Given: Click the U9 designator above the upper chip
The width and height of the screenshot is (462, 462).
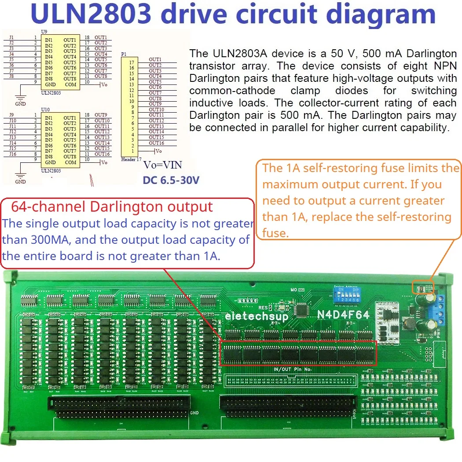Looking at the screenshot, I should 44,32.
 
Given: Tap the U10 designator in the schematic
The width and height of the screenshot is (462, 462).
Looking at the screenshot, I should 44,109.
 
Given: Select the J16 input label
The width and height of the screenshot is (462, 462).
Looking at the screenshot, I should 13,154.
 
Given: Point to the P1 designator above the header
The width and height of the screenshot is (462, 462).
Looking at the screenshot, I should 124,54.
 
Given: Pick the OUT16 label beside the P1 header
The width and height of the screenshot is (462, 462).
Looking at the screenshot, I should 156,143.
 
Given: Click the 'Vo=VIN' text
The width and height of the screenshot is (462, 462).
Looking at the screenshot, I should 162,165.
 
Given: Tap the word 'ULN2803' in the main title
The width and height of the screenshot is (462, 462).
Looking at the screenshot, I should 91,14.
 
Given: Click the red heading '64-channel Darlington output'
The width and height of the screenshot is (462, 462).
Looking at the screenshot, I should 112,206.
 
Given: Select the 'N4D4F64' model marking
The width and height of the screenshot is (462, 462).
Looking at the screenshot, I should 343,315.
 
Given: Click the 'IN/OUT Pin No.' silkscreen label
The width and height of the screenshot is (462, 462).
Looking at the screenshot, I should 292,369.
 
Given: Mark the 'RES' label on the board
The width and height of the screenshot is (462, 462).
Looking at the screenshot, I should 263,308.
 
